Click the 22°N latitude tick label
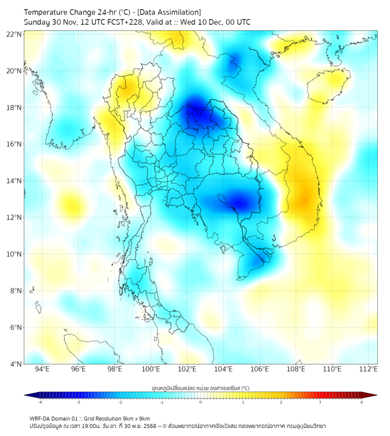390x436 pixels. tap(14, 34)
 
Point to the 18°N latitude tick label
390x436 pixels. tap(14, 108)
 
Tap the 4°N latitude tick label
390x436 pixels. tap(16, 364)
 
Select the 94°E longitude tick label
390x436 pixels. tap(42, 369)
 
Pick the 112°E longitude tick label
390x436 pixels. tap(369, 369)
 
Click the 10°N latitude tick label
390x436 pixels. tap(14, 254)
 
